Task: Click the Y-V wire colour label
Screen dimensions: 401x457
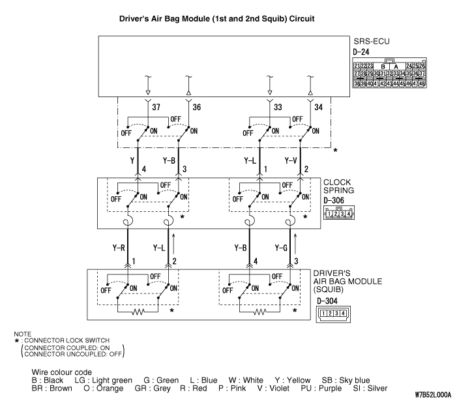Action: [x=292, y=160]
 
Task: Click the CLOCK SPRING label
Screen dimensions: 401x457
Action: [x=340, y=187]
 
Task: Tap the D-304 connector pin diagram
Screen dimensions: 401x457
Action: [x=331, y=314]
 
